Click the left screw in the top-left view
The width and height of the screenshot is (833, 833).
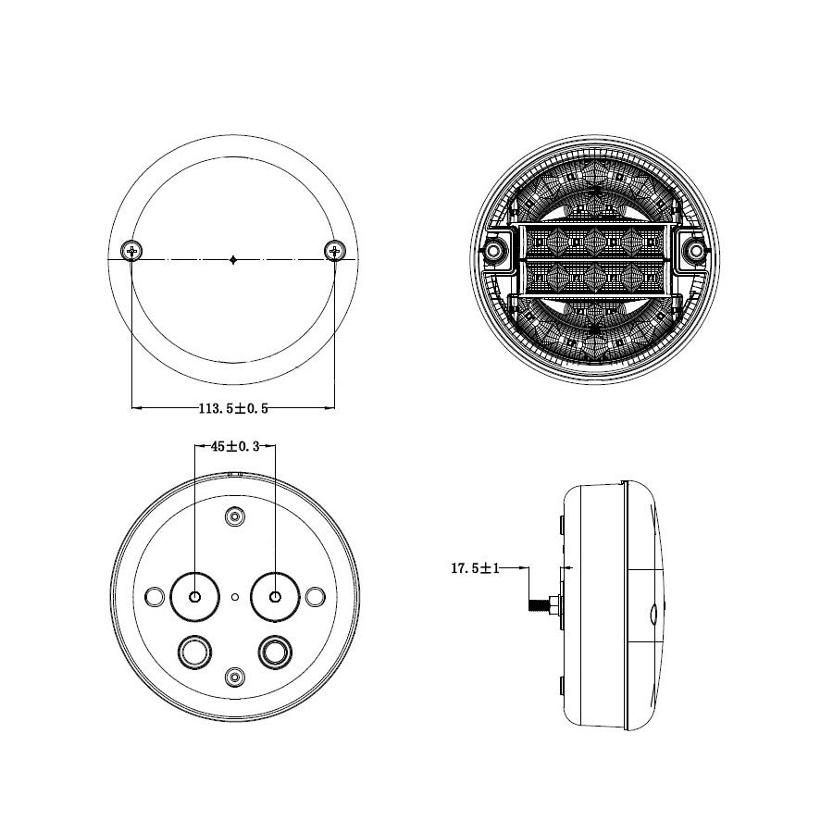132,249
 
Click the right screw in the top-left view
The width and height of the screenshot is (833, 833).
334,249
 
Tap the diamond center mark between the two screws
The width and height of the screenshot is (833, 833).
233,260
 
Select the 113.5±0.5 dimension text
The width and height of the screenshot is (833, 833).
233,407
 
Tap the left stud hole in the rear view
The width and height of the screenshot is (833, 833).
194,597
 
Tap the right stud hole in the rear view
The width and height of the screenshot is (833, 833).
274,597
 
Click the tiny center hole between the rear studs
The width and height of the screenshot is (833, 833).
235,598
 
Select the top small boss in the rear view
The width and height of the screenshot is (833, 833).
235,516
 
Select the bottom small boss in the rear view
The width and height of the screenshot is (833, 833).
235,678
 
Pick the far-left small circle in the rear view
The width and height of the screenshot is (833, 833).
155,597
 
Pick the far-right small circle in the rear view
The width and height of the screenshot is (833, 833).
315,597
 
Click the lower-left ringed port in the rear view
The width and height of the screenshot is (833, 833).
195,653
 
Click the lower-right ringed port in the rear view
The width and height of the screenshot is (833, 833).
274,653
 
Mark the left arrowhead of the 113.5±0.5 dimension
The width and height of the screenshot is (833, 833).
136,406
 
